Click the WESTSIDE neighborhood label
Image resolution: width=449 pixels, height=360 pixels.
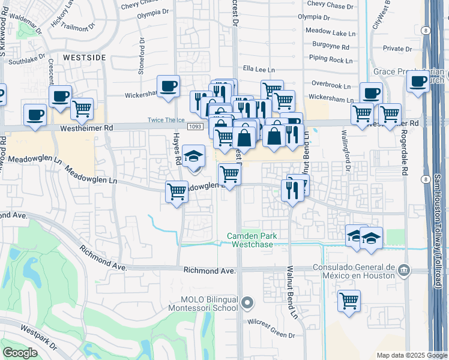pos(84,57)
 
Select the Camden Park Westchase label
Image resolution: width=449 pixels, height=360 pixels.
pos(252,240)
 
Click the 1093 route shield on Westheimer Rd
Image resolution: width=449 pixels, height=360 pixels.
pos(194,127)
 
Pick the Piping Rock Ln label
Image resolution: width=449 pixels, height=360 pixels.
pos(331,60)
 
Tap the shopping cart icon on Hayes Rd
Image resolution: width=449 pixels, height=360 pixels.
pos(176,192)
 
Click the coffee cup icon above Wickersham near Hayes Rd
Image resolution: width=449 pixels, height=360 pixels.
pos(168,85)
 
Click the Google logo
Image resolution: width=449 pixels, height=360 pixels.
pos(20,353)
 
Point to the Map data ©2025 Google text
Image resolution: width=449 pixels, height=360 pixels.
pos(411,355)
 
